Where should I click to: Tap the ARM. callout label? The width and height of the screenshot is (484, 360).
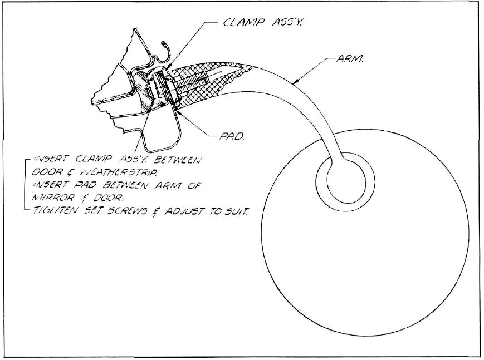(x=349, y=58)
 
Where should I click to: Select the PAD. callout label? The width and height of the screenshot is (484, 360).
(x=232, y=136)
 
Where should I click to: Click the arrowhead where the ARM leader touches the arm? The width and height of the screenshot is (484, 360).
(x=295, y=82)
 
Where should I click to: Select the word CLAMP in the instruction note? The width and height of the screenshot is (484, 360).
(x=92, y=160)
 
